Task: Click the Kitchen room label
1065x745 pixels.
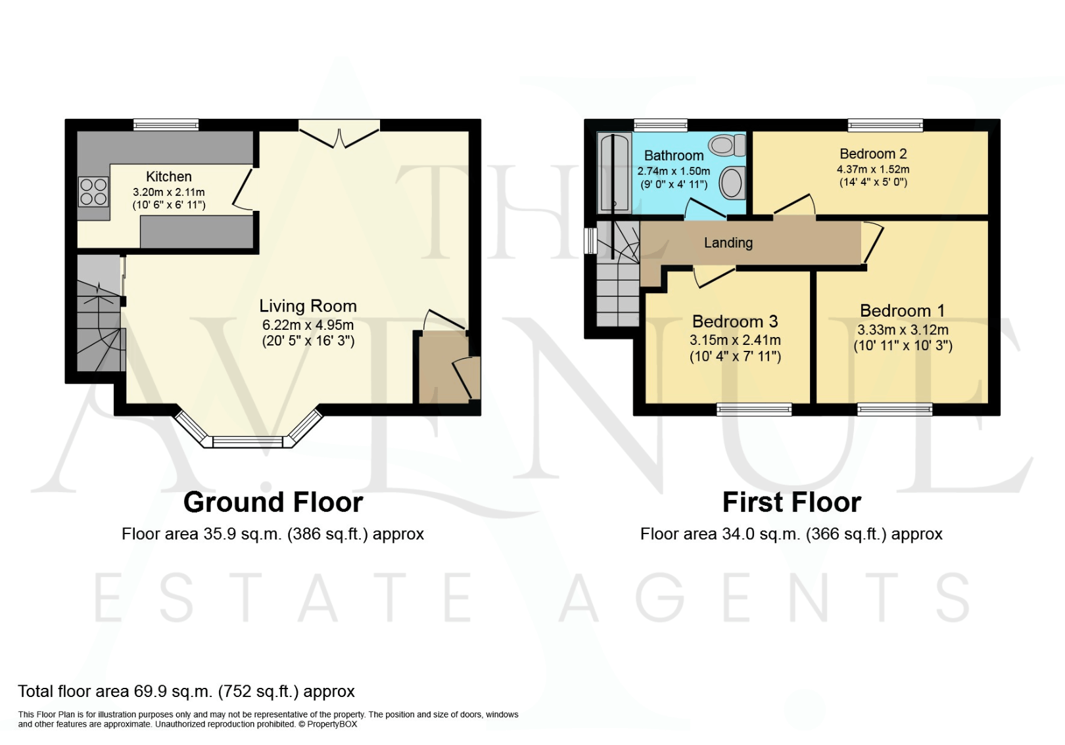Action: (x=169, y=177)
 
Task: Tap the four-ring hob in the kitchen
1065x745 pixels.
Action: (x=93, y=191)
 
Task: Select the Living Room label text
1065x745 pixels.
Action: (x=308, y=306)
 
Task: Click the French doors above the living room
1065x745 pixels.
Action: (x=339, y=132)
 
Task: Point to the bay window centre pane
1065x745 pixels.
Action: (x=248, y=441)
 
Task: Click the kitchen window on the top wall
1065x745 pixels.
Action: (x=166, y=124)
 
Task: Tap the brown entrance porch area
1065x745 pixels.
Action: (x=443, y=368)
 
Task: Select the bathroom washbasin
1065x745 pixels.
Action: (x=731, y=183)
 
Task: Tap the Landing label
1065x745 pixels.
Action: (x=728, y=243)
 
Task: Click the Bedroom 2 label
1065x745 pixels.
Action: (x=873, y=154)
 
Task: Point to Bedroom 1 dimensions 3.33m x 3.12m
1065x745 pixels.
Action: (x=903, y=330)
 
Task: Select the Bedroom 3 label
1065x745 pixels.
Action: (x=734, y=322)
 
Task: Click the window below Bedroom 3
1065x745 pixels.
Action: (x=754, y=410)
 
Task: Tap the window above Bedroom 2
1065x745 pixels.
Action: (x=885, y=124)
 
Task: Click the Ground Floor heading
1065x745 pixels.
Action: (x=273, y=503)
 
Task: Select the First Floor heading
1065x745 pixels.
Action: (x=792, y=503)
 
